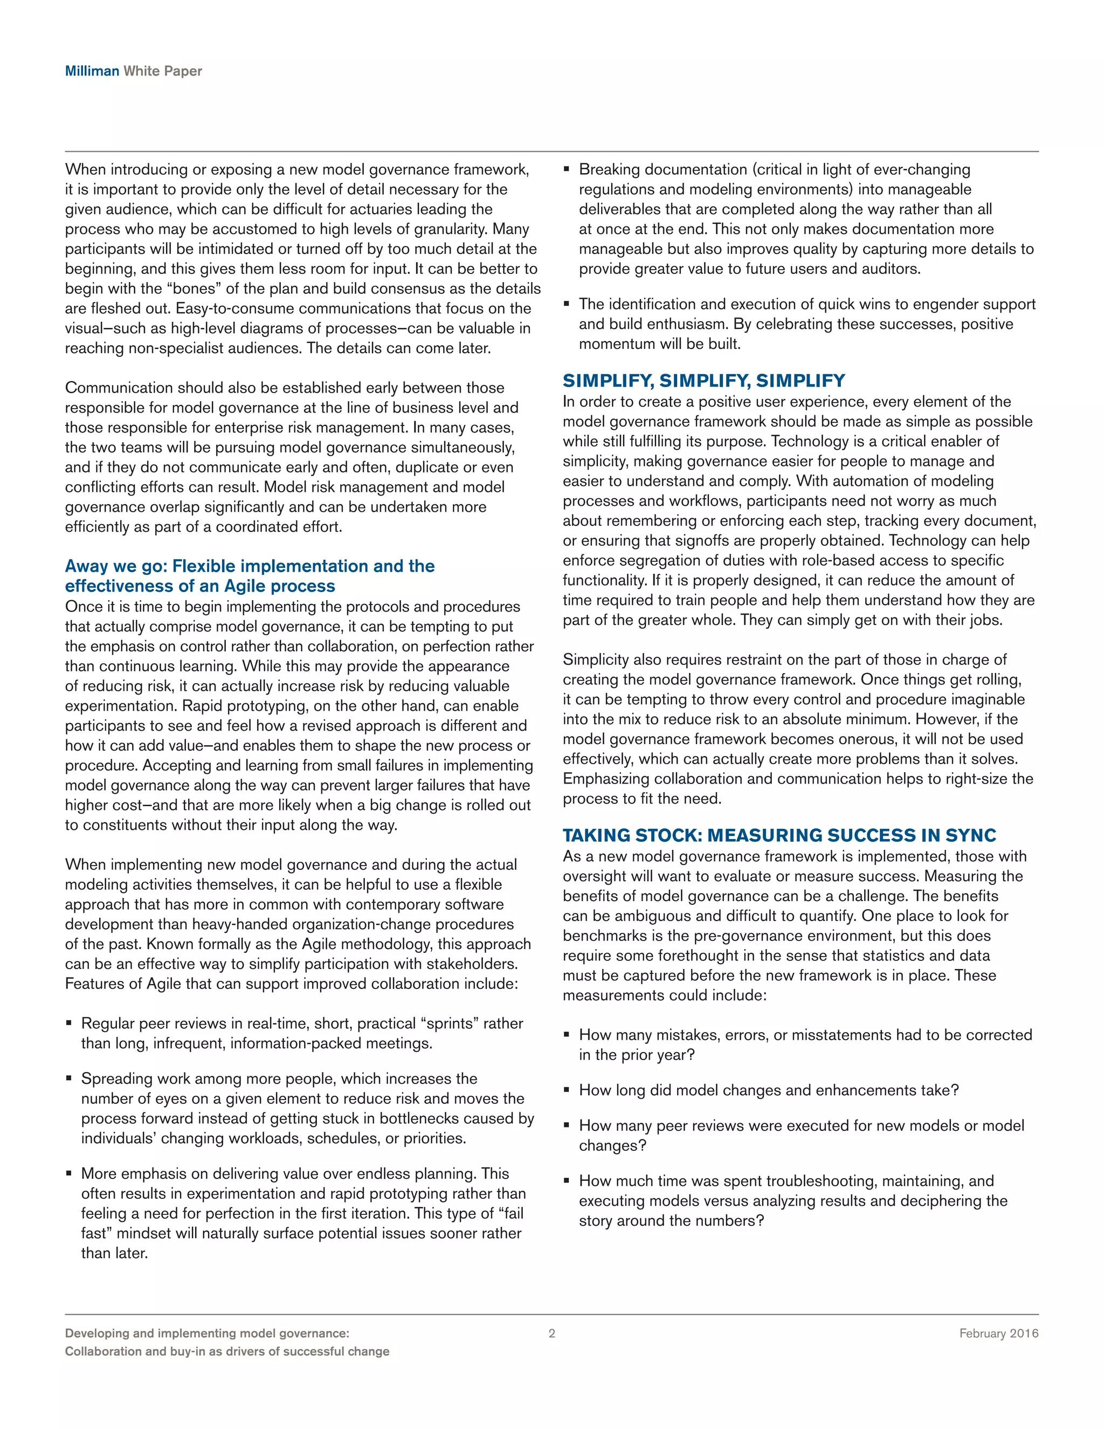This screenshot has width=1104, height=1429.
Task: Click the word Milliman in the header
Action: (x=92, y=71)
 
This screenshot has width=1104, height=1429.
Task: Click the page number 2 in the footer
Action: (x=551, y=1333)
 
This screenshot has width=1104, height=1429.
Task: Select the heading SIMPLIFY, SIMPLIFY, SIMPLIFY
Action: (x=703, y=380)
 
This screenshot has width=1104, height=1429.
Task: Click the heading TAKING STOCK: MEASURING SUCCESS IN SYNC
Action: (x=779, y=835)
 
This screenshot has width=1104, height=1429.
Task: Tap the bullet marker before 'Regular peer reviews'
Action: (x=68, y=1023)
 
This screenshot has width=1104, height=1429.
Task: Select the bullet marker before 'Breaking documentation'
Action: (x=567, y=169)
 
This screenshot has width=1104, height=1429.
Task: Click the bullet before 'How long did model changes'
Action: (x=567, y=1091)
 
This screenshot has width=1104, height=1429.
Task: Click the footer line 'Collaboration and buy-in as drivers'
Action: (x=227, y=1351)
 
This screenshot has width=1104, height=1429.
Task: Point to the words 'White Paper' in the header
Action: (x=163, y=71)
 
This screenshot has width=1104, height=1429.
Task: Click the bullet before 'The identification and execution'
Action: (x=567, y=304)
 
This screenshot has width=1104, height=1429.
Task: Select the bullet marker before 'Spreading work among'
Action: (x=68, y=1078)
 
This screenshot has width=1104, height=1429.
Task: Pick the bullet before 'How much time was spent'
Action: (x=567, y=1181)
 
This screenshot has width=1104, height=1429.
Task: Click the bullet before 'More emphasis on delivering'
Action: (x=68, y=1174)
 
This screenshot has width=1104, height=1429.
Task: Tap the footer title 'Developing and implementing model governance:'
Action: (x=206, y=1333)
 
